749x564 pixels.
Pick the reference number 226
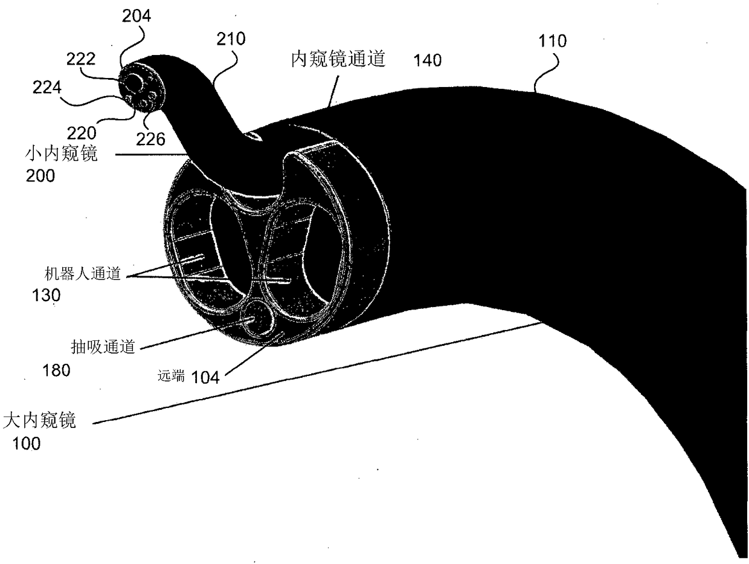coord(150,140)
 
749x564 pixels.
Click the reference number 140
coord(427,60)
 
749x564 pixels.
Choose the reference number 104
coord(205,377)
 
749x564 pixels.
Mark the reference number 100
coord(27,444)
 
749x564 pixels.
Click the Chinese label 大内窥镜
coord(40,421)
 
